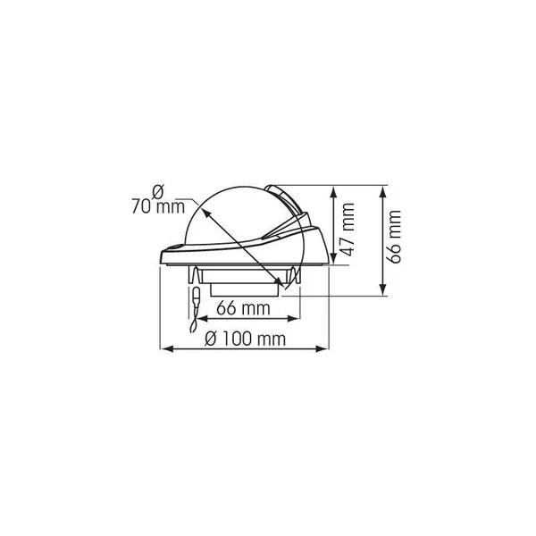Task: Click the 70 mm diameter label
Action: pos(158,207)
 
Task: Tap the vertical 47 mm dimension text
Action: pos(348,229)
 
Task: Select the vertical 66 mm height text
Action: pos(395,237)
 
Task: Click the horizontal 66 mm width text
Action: pos(243,308)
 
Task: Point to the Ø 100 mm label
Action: pos(245,339)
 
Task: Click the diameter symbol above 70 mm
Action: pos(158,192)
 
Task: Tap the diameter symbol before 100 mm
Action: pos(211,339)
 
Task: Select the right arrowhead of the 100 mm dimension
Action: pos(322,349)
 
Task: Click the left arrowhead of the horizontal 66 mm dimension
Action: pos(204,319)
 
